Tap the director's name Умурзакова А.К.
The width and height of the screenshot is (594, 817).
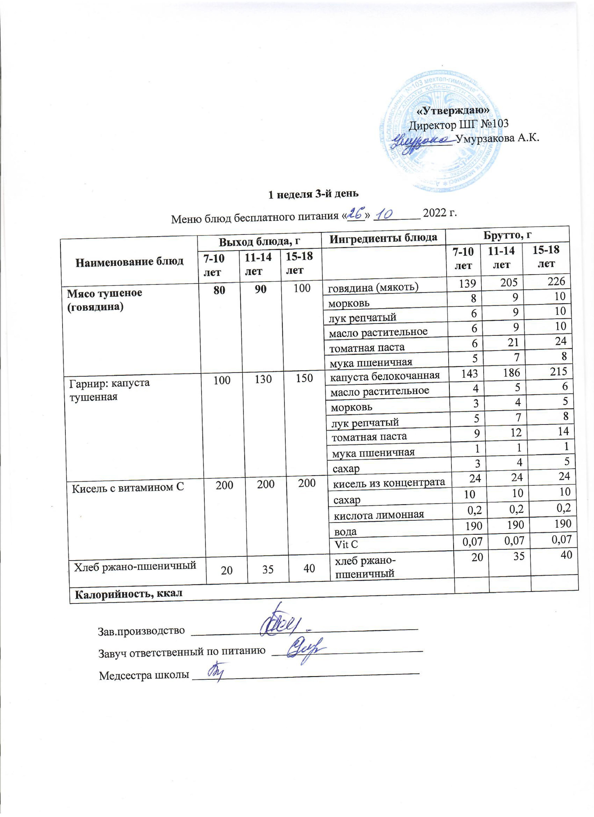pyautogui.click(x=497, y=138)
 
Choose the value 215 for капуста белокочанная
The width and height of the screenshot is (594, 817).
pyautogui.click(x=558, y=371)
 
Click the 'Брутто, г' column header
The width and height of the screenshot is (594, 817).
pyautogui.click(x=507, y=235)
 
